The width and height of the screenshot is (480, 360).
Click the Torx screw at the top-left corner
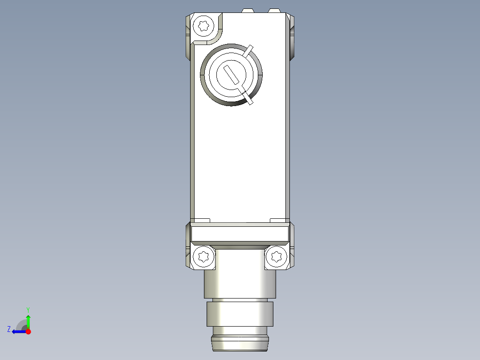(205, 25)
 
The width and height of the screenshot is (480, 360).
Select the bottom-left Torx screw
(203, 257)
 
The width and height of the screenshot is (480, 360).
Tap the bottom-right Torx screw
(276, 257)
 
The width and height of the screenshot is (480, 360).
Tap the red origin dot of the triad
(28, 331)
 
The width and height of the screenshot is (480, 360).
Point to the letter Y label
(28, 309)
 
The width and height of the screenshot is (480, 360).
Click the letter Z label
(9, 329)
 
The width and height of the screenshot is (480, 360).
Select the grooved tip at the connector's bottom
(240, 344)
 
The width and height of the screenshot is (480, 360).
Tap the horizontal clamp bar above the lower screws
(240, 233)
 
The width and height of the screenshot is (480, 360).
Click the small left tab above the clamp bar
(200, 220)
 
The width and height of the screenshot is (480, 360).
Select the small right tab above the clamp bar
(279, 220)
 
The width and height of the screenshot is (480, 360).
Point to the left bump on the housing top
(248, 10)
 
